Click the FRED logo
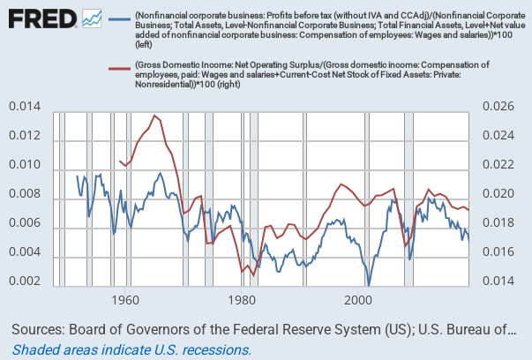tap(41, 18)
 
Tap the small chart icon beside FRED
tap(91, 18)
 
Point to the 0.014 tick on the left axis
tap(24, 107)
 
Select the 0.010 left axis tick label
tap(24, 166)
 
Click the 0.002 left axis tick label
tap(24, 282)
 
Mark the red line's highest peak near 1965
tap(154, 116)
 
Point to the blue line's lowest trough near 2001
tap(369, 284)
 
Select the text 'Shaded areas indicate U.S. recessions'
tap(132, 349)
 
